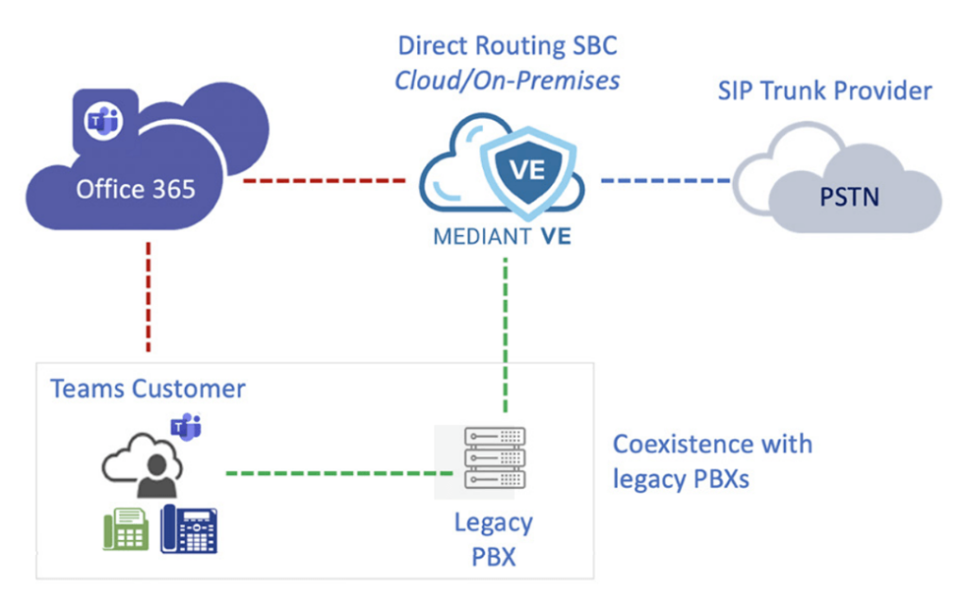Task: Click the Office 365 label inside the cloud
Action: point(136,189)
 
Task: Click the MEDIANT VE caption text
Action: point(502,237)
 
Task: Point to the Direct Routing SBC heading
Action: point(508,45)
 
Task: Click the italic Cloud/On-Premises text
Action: point(507,80)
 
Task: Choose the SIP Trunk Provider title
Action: point(824,91)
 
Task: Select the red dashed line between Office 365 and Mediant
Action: point(324,179)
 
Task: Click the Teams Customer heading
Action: point(148,388)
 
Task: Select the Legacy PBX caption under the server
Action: point(493,538)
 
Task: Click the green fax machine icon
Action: point(125,530)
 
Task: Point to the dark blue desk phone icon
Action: point(189,529)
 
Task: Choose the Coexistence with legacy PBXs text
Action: point(712,461)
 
